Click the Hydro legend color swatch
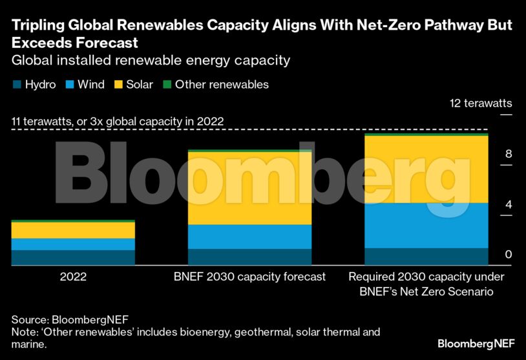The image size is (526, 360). pos(16,85)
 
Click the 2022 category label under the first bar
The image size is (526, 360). pos(73,277)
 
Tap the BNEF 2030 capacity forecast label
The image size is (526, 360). pos(249,277)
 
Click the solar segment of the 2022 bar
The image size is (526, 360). pos(73,230)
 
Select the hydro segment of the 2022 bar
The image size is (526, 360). pos(73,258)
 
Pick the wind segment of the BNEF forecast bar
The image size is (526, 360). pos(249,237)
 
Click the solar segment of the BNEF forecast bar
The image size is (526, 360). pos(249,188)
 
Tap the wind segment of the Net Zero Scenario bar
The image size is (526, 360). pos(426,225)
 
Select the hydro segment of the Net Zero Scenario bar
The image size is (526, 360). pos(426,257)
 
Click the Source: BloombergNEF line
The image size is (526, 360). pos(65,319)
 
